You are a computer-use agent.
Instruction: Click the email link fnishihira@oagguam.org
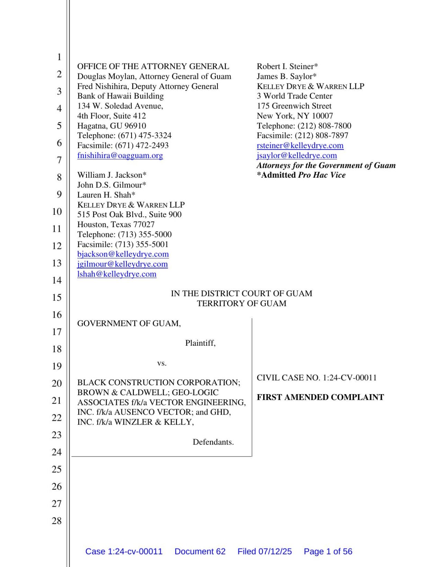coord(120,156)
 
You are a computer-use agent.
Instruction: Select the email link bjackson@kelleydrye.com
coord(123,254)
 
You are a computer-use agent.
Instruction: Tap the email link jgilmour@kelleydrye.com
coord(122,264)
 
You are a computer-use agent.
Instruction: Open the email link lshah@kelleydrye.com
coord(117,274)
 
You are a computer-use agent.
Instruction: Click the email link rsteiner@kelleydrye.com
coord(300,145)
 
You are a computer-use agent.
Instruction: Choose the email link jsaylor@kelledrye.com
coord(297,156)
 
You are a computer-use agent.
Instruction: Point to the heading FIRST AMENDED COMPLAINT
coord(320,397)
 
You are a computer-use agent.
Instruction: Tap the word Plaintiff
coord(200,343)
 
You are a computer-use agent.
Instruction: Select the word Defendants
coord(213,442)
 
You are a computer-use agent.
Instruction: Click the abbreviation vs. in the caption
coord(162,363)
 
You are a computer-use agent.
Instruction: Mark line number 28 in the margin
coord(57,521)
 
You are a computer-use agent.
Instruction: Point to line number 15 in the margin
coord(57,298)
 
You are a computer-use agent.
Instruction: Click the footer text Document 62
coord(200,551)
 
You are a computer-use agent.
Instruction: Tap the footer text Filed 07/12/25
coord(265,551)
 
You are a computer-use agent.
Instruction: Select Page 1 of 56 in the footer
coord(328,551)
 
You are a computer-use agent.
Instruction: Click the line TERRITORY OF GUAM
coord(241,304)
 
